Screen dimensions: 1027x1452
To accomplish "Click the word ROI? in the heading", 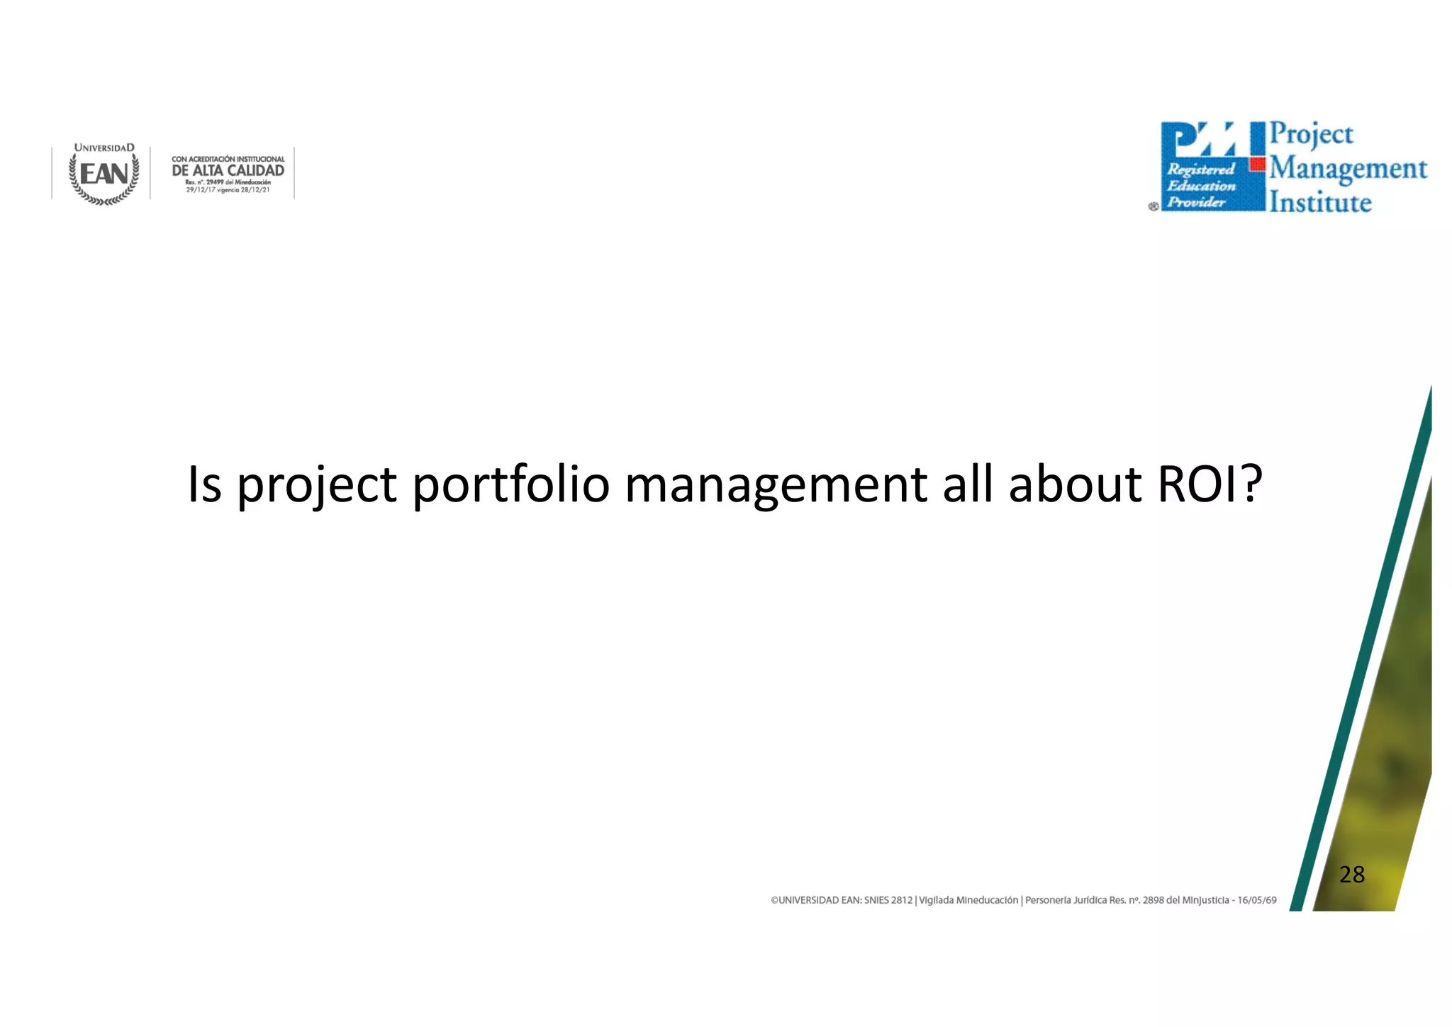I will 1210,484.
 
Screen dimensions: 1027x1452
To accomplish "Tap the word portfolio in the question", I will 510,484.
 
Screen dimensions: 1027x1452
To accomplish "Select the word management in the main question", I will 776,486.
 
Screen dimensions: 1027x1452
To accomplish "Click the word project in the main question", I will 316,486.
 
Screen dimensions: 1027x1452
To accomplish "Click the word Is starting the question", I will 204,484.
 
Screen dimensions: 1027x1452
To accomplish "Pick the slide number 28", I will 1352,875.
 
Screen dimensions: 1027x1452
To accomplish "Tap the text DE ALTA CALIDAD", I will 228,171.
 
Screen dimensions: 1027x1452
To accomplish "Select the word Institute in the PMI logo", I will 1320,202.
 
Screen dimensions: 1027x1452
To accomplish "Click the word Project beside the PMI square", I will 1312,134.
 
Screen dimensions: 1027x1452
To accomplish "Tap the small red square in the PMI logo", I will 1258,165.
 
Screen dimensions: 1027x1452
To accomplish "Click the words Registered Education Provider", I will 1201,186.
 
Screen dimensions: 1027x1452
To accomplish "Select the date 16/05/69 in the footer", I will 1257,900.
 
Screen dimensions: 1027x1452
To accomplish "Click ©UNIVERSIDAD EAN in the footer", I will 815,900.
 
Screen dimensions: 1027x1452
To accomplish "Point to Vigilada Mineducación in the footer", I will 968,900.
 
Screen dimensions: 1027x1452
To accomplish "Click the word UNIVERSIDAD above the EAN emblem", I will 104,148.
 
